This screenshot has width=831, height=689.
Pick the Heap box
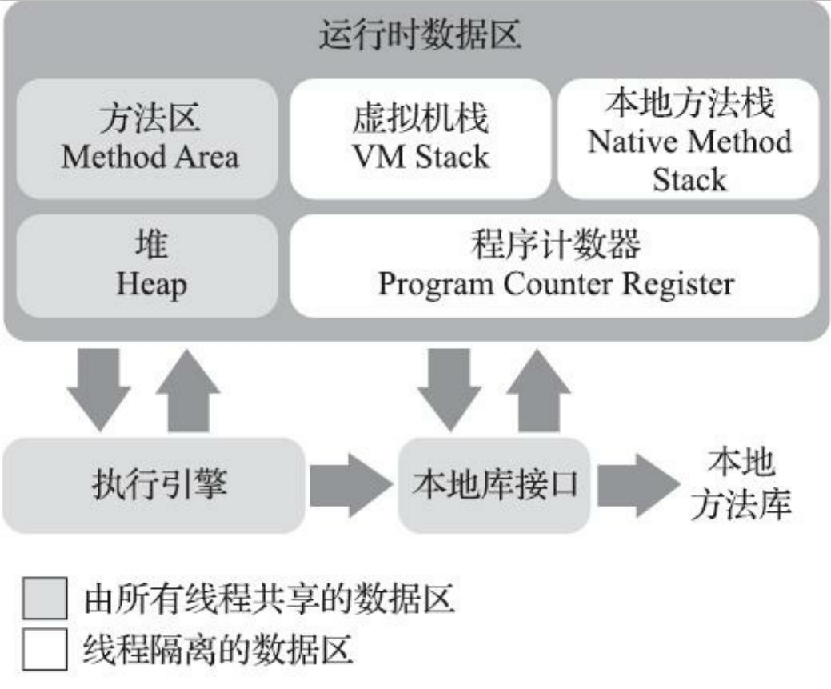coord(149,265)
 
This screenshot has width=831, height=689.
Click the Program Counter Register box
coord(555,265)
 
